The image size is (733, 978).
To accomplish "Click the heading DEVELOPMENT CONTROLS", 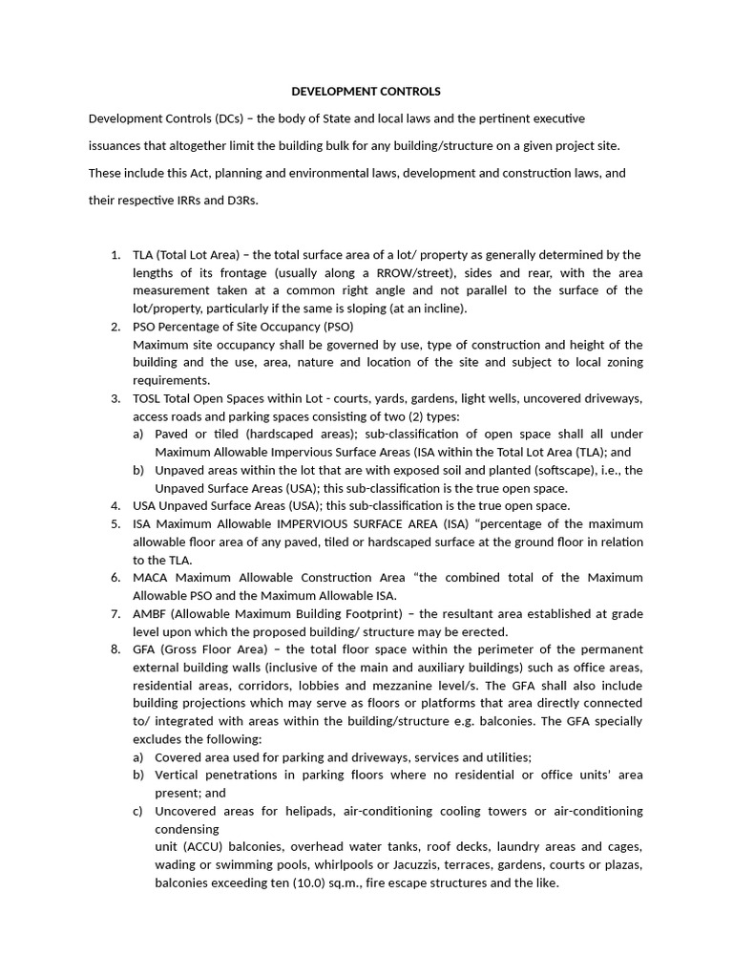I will [366, 92].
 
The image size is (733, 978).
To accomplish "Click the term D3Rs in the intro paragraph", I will [240, 201].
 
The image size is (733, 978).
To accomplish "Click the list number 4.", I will [115, 505].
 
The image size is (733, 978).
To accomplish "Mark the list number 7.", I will [115, 613].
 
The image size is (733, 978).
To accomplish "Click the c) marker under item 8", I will [138, 811].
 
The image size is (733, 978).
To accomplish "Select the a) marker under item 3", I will [138, 434].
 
